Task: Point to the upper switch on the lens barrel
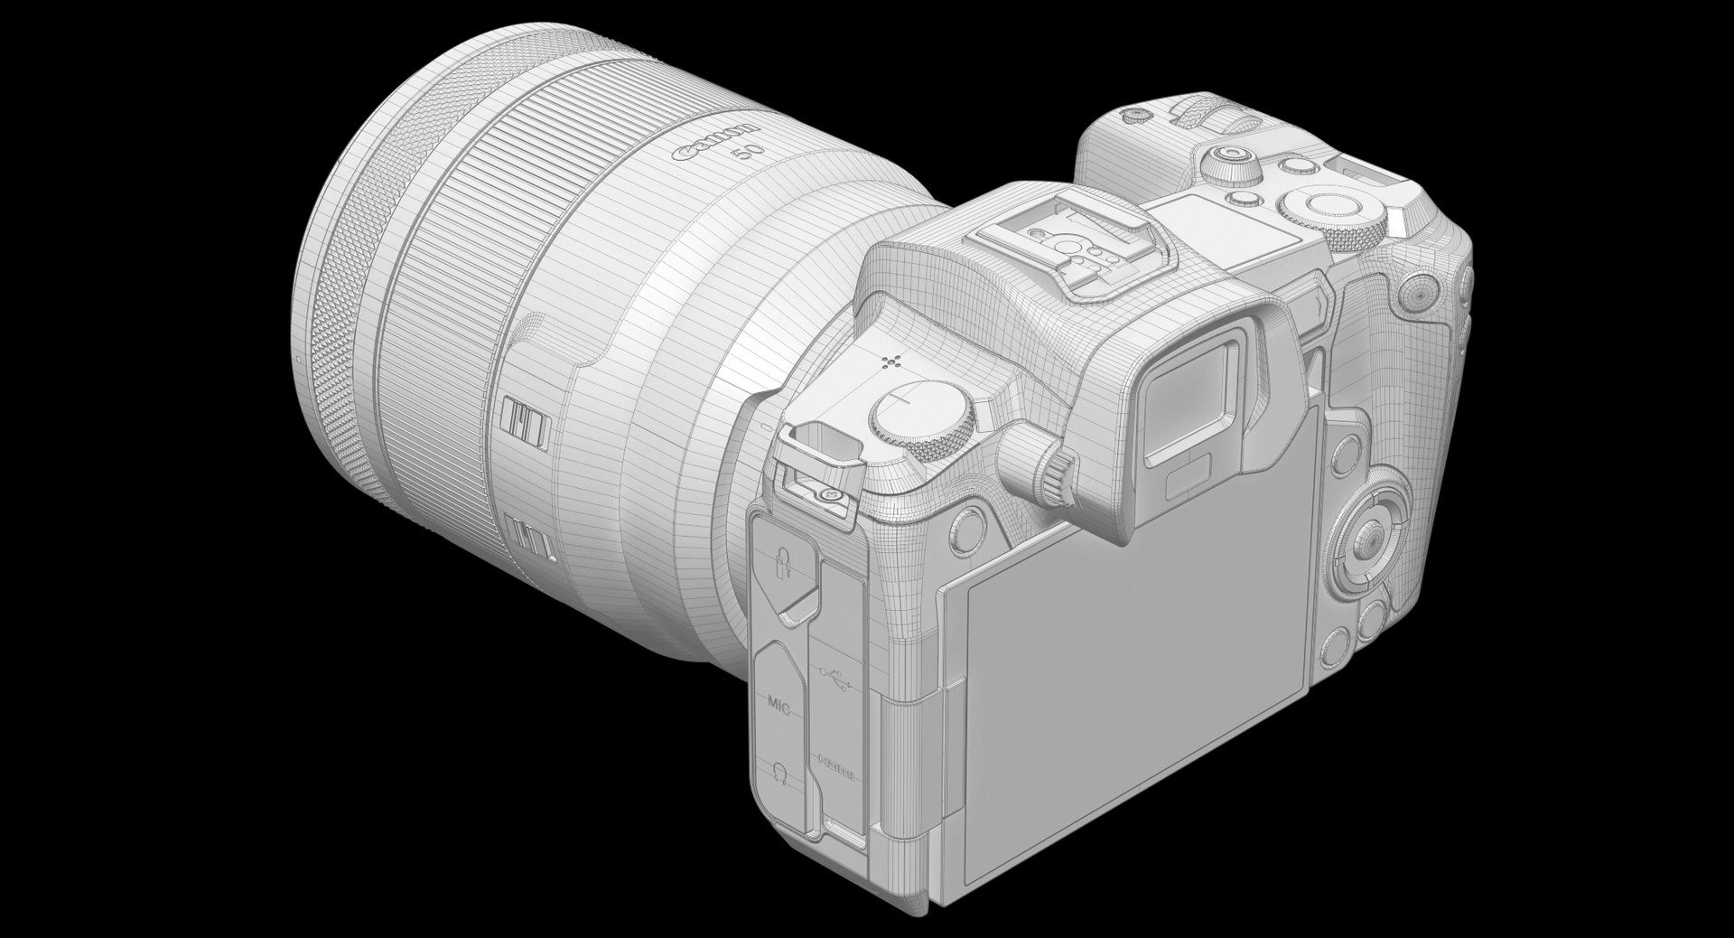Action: pyautogui.click(x=526, y=421)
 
